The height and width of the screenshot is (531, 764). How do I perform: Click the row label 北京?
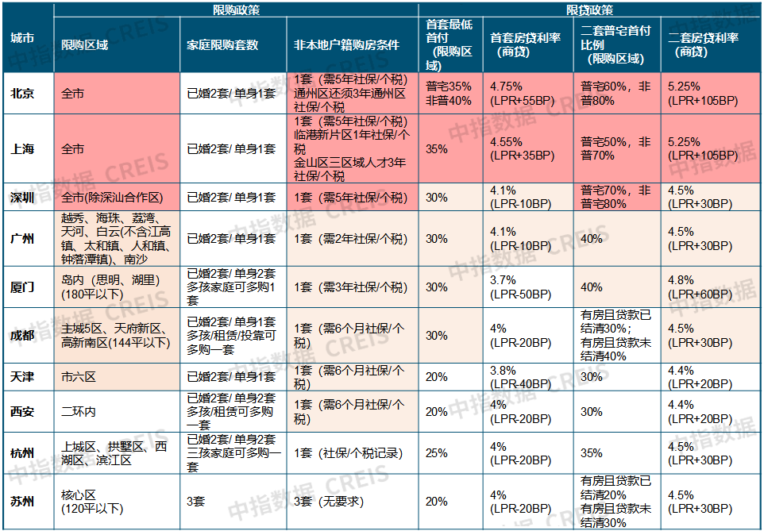pos(22,94)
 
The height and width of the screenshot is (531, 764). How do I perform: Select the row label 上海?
pos(22,148)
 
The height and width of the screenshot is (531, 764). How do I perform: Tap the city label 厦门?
pos(22,287)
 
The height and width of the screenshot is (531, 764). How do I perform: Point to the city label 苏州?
pos(22,501)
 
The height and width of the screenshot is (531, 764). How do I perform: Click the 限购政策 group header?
pos(236,10)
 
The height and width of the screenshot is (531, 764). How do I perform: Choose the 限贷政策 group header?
pos(589,10)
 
